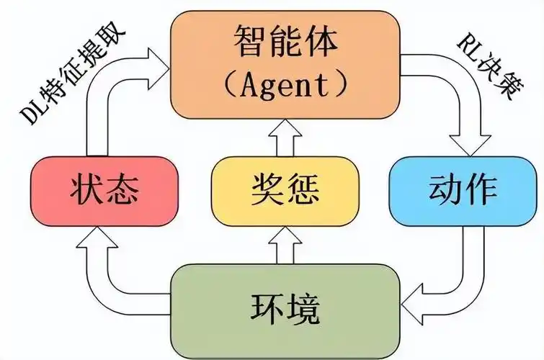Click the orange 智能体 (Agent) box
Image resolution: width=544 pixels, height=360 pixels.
(285, 65)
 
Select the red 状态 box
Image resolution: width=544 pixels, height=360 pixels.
(104, 192)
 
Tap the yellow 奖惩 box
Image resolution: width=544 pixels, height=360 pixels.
(285, 192)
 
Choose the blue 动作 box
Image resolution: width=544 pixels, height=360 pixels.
(462, 192)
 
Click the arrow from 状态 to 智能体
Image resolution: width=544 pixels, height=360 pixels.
(108, 86)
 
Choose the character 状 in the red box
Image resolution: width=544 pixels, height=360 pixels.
(85, 192)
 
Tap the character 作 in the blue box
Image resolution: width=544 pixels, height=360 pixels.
(482, 192)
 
